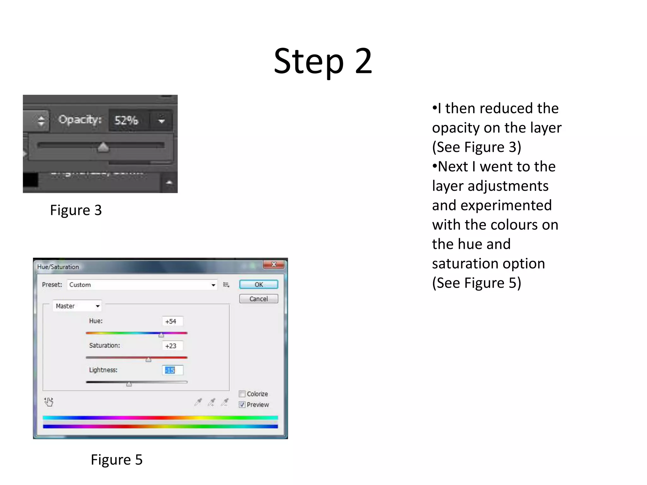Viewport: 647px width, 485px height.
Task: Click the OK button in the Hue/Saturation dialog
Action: pos(258,284)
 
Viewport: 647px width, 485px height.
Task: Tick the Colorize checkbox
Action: pos(242,394)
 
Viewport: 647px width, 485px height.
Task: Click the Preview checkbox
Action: pos(242,404)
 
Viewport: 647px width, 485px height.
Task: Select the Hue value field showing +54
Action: pos(172,321)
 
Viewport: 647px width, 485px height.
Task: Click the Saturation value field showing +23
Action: pos(172,346)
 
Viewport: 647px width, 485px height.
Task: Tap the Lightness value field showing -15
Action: pos(172,370)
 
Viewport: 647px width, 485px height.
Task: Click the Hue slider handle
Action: pos(161,335)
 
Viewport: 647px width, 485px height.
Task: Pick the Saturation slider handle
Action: pos(148,359)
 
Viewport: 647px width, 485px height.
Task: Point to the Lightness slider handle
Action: pos(129,384)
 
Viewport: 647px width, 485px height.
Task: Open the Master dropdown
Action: pos(77,306)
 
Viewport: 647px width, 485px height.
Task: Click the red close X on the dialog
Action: pos(274,264)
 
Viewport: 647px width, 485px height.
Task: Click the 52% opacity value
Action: pos(126,120)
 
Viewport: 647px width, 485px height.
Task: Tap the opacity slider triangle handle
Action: pos(103,147)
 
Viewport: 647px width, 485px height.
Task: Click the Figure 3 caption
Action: pos(76,210)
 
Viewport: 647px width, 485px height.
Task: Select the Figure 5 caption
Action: pos(117,460)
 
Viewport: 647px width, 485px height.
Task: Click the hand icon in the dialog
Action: pos(49,402)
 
